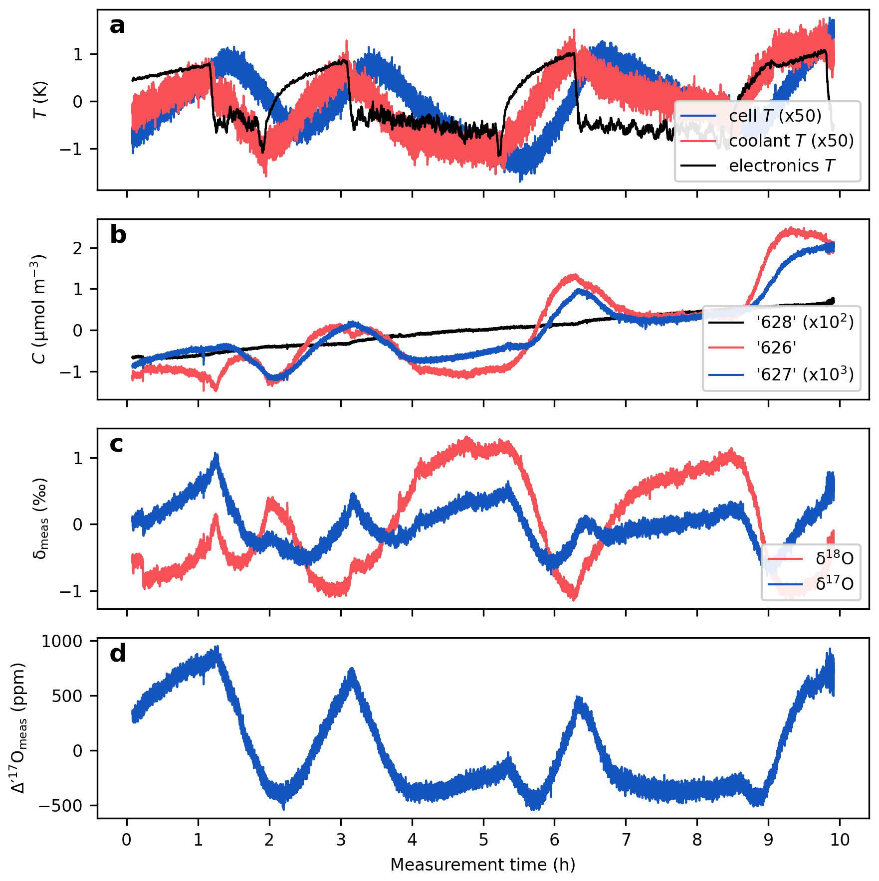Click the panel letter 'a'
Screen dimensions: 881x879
[x=117, y=26]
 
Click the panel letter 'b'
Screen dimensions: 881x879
[x=118, y=235]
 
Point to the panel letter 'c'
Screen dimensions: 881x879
[x=116, y=444]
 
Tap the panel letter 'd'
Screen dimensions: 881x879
[x=118, y=653]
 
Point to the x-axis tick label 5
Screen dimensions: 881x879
[x=483, y=840]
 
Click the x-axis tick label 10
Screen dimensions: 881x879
[x=840, y=840]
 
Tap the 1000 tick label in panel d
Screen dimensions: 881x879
[x=62, y=641]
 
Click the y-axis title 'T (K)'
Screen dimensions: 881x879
[x=40, y=100]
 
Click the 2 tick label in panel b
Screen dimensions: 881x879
[x=78, y=248]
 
